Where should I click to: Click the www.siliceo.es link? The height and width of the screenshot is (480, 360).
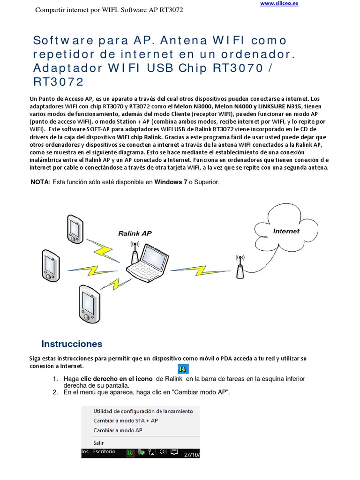[x=279, y=3]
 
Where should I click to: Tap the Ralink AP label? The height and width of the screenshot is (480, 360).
[x=135, y=233]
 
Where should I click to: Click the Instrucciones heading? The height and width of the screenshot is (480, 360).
[x=72, y=344]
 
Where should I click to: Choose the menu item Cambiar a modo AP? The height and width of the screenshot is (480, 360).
[x=118, y=430]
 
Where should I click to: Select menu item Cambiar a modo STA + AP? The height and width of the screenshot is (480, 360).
[x=126, y=420]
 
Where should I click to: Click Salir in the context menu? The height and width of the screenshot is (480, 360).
[x=98, y=442]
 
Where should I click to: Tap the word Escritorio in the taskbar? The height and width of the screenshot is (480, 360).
[x=104, y=451]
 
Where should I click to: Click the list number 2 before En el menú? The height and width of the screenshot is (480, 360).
[x=55, y=392]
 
